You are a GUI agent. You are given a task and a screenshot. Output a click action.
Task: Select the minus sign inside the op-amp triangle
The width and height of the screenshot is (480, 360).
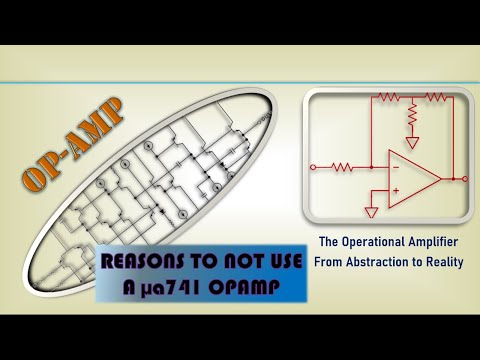click(397, 167)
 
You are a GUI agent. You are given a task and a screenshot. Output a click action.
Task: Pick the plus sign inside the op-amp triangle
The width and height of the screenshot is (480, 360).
click(397, 190)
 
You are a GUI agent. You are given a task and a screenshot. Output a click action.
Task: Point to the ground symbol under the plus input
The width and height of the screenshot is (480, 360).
click(372, 212)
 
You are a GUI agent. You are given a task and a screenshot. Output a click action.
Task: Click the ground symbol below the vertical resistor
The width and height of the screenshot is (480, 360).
click(411, 142)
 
